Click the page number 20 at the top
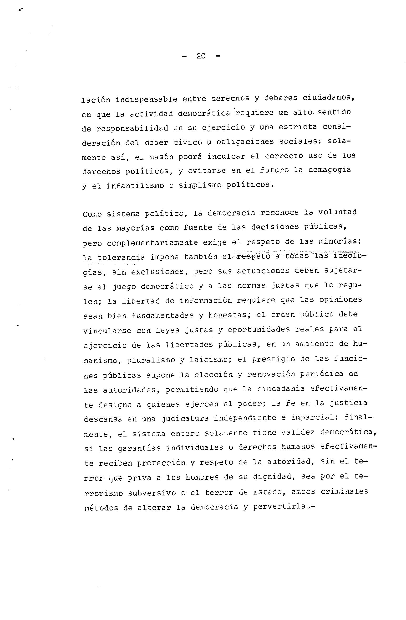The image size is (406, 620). pos(201,56)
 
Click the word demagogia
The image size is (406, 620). pos(330,170)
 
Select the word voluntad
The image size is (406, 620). pos(338,212)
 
